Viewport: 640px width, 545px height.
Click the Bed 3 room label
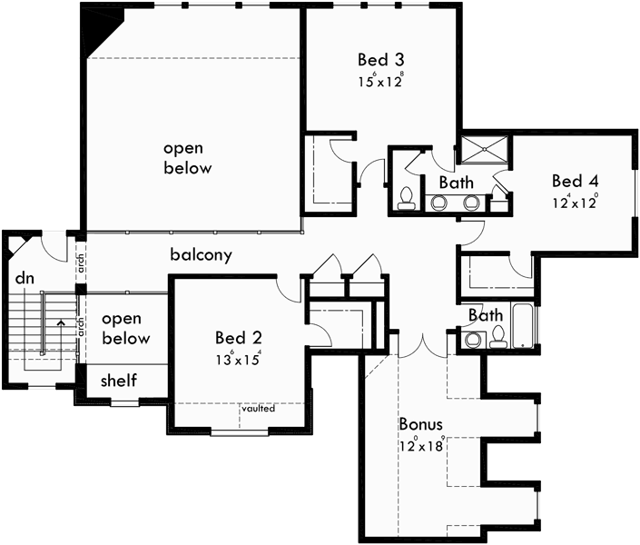(380, 60)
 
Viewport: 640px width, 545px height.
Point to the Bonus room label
(420, 424)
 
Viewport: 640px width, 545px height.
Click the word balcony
(201, 255)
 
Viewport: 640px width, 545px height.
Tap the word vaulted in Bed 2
(259, 409)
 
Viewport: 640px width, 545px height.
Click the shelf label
(119, 380)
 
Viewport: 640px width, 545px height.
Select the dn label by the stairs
(25, 278)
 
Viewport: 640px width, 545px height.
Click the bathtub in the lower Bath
(523, 327)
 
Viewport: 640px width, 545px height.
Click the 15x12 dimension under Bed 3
(380, 81)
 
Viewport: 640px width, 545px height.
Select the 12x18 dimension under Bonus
(420, 445)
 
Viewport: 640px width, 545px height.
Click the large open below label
(188, 158)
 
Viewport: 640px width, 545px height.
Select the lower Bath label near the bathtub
(486, 316)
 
